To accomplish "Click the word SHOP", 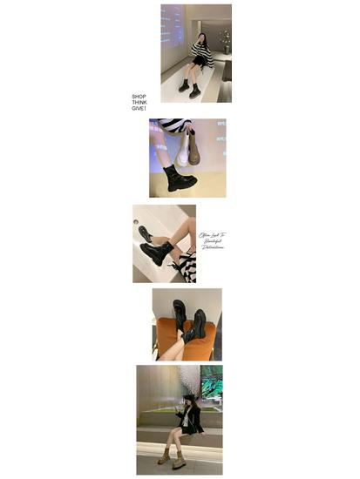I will pyautogui.click(x=139, y=96).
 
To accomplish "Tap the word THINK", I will pyautogui.click(x=139, y=102).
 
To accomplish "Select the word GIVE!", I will pyautogui.click(x=139, y=108).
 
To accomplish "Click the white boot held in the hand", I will pyautogui.click(x=183, y=152).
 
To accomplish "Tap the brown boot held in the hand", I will pyautogui.click(x=197, y=152).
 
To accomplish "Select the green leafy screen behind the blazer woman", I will pyautogui.click(x=211, y=381).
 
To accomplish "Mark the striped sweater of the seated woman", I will pyautogui.click(x=202, y=55).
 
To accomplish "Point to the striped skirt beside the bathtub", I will pyautogui.click(x=186, y=266).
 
